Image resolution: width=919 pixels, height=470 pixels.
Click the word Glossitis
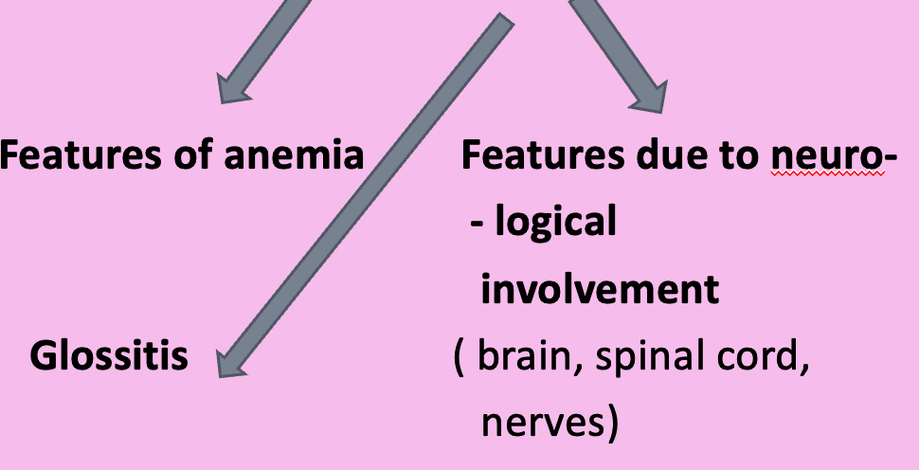click(109, 356)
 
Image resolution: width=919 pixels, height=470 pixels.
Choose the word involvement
click(600, 290)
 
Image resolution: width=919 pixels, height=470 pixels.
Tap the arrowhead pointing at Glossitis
click(230, 362)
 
